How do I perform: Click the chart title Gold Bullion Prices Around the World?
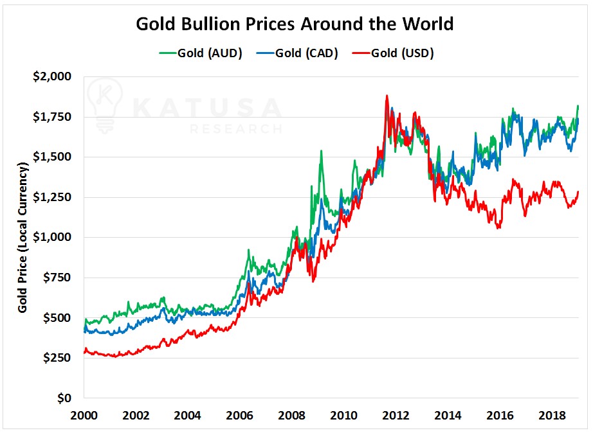click(295, 24)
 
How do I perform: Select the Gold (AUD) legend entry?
click(201, 53)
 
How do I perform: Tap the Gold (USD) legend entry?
click(393, 53)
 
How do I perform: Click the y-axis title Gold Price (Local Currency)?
click(23, 238)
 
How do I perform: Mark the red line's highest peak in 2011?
click(387, 96)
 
